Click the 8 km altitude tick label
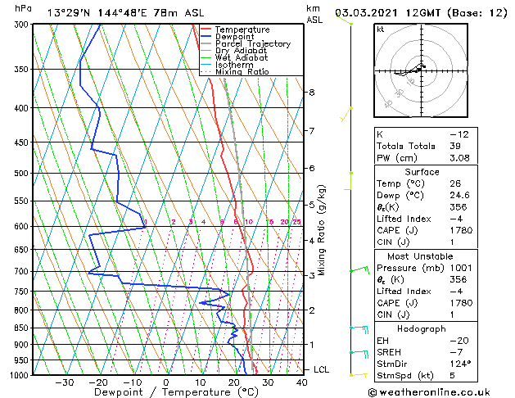(x=311, y=93)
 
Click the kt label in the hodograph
(x=380, y=29)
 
